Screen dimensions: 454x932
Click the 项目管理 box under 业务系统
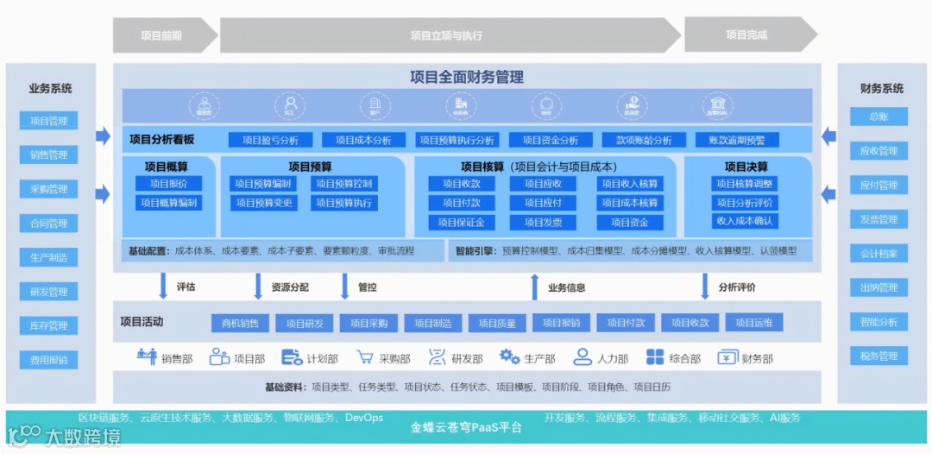point(48,121)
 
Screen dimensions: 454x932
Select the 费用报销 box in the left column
point(48,360)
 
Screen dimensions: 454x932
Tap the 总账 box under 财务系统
point(878,117)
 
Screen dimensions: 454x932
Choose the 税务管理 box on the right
point(878,356)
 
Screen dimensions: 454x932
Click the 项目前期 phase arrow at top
point(161,35)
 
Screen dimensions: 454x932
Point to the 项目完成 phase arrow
point(746,35)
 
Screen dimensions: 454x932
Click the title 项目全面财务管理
point(467,77)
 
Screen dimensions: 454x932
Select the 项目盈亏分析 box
point(270,140)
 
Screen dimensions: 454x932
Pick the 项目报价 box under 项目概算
point(168,184)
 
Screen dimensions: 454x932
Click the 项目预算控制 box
point(343,184)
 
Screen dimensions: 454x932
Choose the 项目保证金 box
point(461,222)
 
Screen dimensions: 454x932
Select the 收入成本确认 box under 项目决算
point(745,221)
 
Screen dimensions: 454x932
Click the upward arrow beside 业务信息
point(535,287)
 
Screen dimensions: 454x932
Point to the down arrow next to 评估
point(163,286)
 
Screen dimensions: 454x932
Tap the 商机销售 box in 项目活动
point(240,323)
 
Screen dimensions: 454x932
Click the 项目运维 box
point(754,323)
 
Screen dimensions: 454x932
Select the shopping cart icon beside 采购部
point(364,357)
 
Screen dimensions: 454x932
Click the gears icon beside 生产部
point(509,357)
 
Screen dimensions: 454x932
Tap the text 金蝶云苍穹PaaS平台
point(466,426)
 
